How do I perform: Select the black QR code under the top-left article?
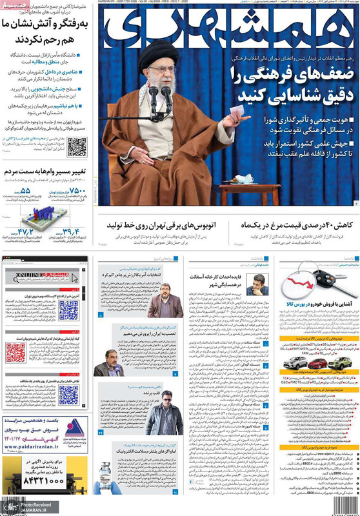[77, 147]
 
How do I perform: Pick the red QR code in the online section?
[15, 352]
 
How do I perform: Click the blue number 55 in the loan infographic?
[26, 191]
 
